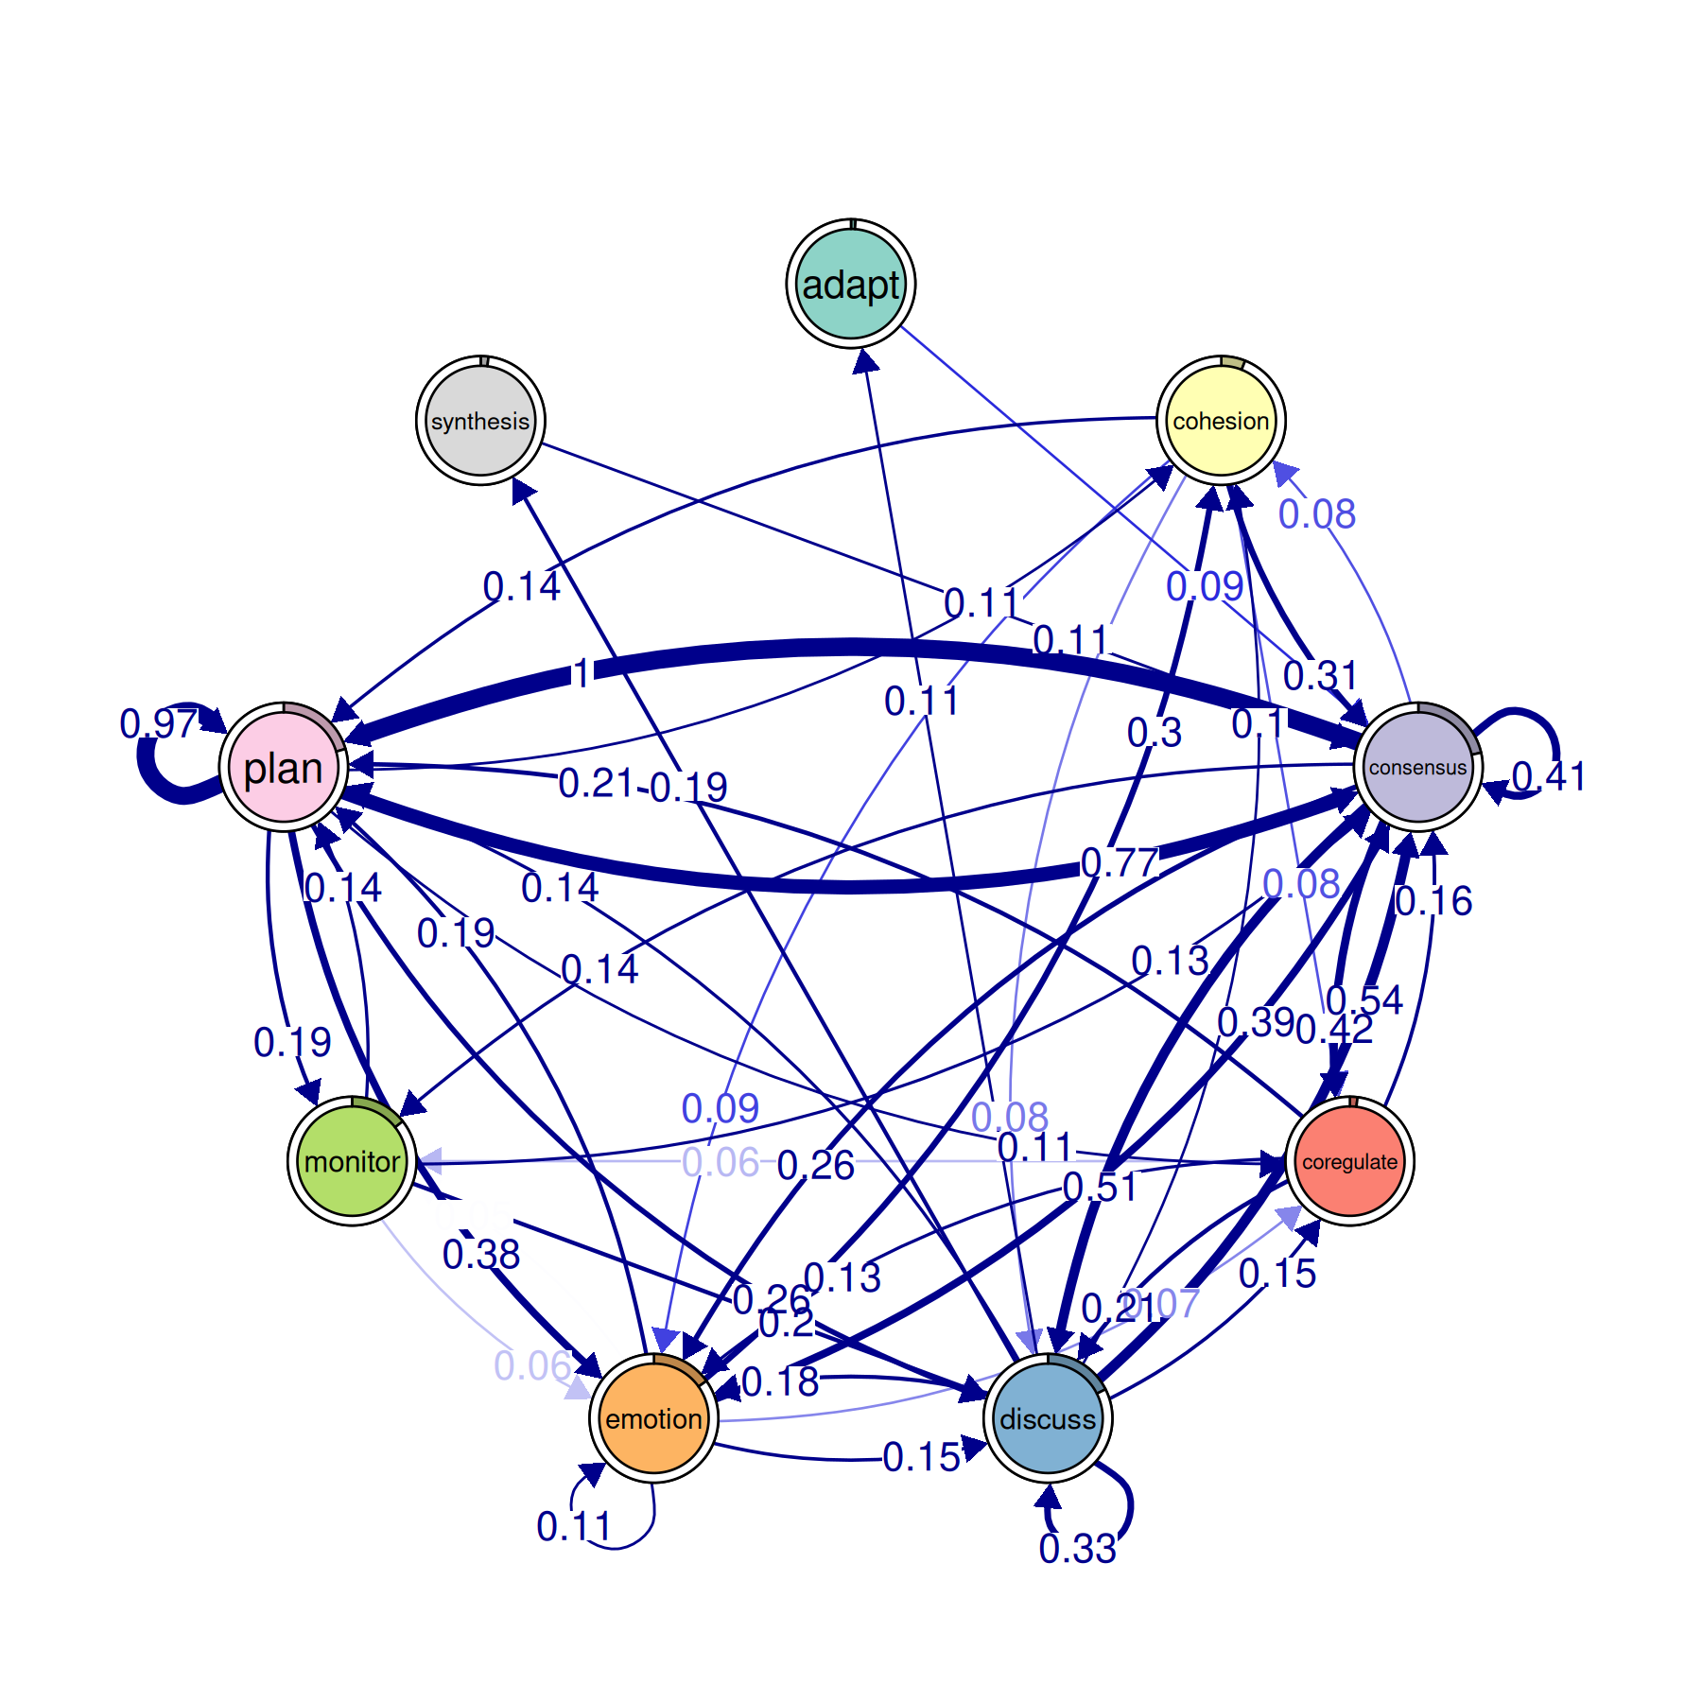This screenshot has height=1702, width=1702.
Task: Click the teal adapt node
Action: [851, 284]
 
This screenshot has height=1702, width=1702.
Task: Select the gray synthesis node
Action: [480, 421]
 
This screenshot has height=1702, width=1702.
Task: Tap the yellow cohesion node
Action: [1221, 421]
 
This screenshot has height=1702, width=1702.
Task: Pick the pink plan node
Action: [284, 767]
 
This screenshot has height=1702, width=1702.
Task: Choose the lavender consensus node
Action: [1417, 767]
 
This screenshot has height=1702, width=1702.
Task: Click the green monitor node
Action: [352, 1161]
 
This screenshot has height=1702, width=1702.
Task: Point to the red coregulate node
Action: [1349, 1161]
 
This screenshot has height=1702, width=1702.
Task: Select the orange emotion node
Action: [653, 1418]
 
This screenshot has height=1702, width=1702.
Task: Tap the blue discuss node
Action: [1048, 1418]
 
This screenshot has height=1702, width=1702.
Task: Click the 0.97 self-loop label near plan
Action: [158, 724]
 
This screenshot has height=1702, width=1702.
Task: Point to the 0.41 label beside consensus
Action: [1548, 776]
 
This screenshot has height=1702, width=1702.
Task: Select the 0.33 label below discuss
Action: [1077, 1549]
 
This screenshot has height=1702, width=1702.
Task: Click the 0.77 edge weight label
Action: [1120, 862]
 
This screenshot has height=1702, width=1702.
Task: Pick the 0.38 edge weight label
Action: [481, 1255]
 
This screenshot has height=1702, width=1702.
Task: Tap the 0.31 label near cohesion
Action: [1320, 676]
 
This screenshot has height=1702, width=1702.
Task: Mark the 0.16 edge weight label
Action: [1433, 901]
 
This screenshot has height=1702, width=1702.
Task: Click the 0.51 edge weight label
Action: [1101, 1187]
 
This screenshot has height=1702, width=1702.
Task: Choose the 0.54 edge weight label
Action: [1364, 999]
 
